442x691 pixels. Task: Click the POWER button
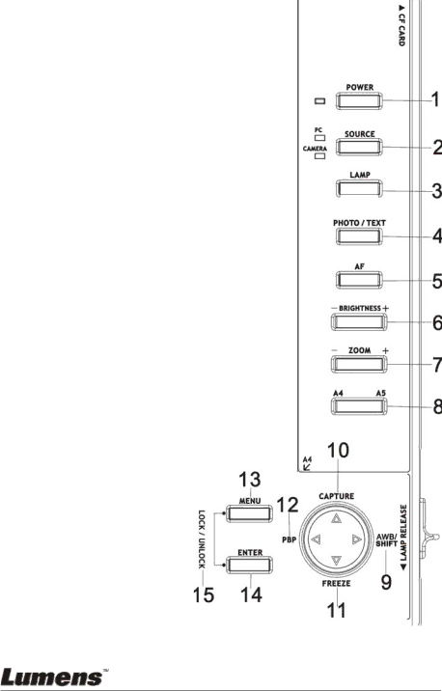pos(359,101)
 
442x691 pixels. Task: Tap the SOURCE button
pos(359,148)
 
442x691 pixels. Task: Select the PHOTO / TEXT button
pos(359,236)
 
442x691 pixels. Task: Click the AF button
pos(359,280)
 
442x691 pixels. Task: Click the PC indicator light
pos(320,138)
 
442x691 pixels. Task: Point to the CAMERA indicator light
pos(320,155)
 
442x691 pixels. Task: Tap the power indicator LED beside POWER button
pos(320,101)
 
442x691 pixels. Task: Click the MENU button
pos(249,513)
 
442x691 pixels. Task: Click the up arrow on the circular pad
pos(336,518)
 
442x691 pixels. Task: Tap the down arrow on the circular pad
pos(336,561)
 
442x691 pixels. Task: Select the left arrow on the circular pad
pos(316,539)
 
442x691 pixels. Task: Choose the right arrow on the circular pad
pos(357,539)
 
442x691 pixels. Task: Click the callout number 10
pos(338,451)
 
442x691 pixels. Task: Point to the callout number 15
pos(204,595)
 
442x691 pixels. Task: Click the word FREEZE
pos(336,583)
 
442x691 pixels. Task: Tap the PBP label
pos(290,539)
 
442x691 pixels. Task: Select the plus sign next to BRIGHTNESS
pos(386,308)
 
